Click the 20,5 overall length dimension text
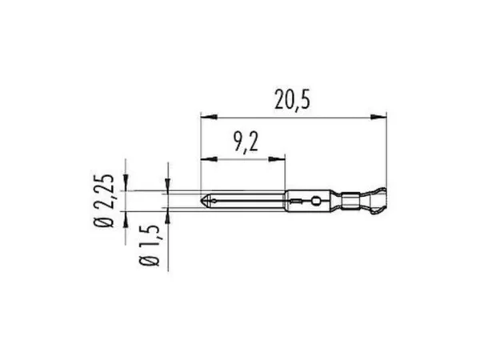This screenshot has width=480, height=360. pos(292,99)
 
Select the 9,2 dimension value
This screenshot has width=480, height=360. pos(246,142)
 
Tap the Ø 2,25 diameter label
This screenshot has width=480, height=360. pos(104,201)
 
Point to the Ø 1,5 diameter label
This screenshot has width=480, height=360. pos(150,246)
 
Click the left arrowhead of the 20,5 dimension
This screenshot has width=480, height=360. pos(209,117)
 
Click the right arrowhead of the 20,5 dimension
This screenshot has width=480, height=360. pos(378,117)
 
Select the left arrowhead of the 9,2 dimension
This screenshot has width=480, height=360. pos(209,159)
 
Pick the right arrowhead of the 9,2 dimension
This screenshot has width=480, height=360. pos(277,159)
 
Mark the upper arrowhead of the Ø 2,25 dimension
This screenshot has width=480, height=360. pos(126,182)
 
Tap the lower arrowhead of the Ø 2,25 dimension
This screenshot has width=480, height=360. pos(126,219)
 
